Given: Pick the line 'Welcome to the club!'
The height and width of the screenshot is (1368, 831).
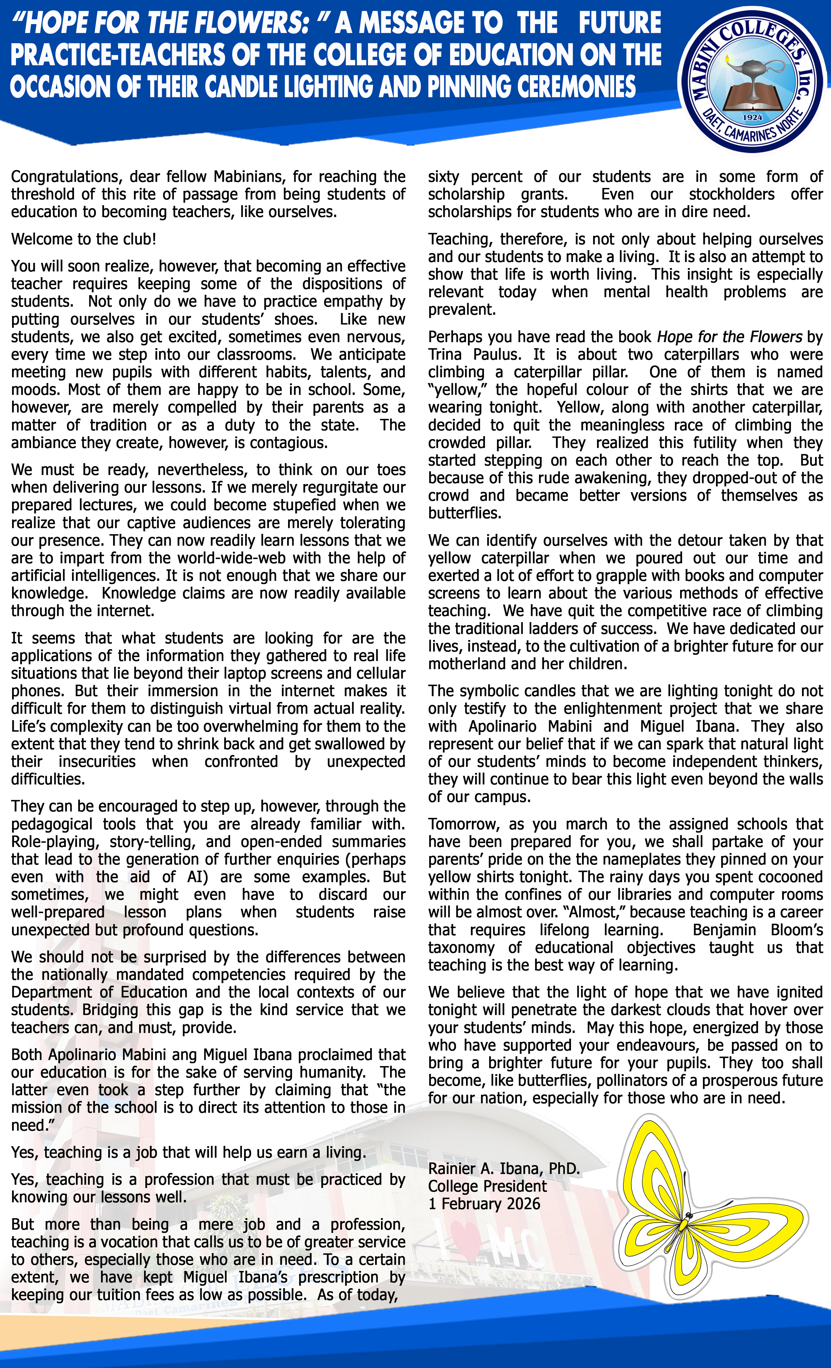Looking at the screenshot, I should [84, 239].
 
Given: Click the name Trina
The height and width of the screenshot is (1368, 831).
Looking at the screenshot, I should [445, 355].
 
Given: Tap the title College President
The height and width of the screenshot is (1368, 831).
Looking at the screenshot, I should [487, 1187].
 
